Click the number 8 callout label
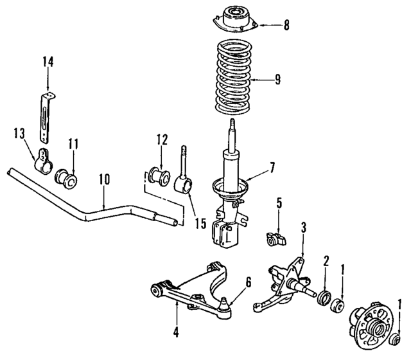(286, 26)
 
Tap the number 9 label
(277, 80)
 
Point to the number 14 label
(48, 62)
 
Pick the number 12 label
(161, 139)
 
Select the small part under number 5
(274, 240)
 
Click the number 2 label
(326, 261)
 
